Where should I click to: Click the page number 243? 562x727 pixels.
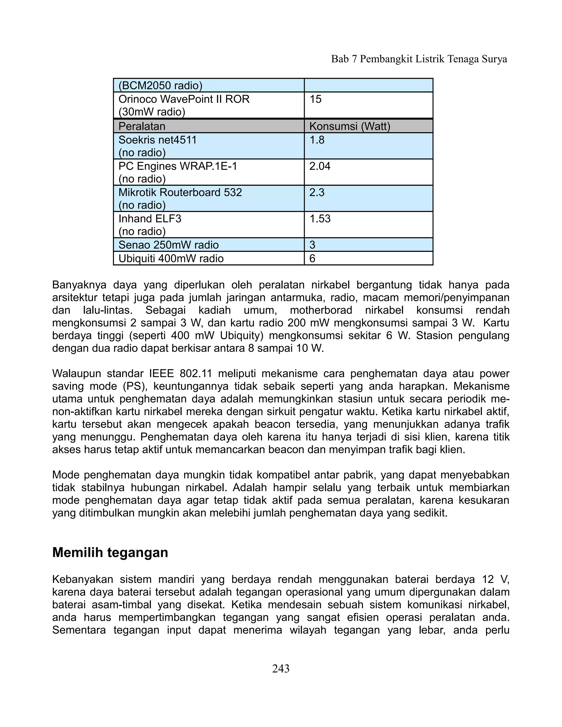click(x=281, y=668)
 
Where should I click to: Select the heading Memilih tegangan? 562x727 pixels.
click(x=110, y=553)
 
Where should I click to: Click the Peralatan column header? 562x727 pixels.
click(x=142, y=126)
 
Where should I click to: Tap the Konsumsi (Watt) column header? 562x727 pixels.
click(x=350, y=126)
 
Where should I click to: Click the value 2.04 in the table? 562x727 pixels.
click(x=320, y=166)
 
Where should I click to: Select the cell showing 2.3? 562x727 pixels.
click(x=317, y=192)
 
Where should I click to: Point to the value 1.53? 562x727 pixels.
click(x=320, y=219)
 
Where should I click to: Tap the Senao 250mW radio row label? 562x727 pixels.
click(x=168, y=245)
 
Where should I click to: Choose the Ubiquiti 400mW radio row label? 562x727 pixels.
click(x=171, y=258)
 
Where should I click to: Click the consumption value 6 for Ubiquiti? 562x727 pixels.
click(x=312, y=258)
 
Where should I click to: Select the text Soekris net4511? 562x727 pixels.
click(x=158, y=140)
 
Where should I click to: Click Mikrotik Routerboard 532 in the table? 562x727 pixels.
click(x=180, y=192)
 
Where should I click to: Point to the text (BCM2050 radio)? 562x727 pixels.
click(x=161, y=86)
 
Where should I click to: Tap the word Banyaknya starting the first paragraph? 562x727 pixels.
click(x=79, y=285)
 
